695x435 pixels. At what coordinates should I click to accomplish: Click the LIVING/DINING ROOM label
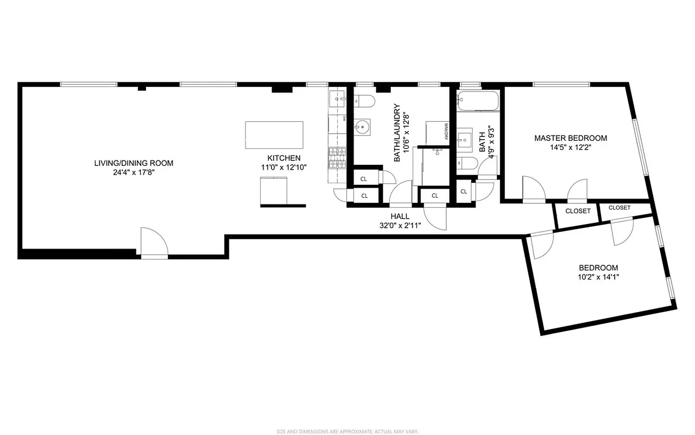click(x=134, y=163)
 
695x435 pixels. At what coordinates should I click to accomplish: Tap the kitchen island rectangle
click(x=274, y=135)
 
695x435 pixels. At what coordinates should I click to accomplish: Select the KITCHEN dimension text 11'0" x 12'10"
click(x=284, y=167)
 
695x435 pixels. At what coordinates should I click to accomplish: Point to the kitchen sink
click(x=337, y=100)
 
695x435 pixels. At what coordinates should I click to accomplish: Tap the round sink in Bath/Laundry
click(x=362, y=128)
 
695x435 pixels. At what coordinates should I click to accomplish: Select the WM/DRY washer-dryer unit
click(x=437, y=132)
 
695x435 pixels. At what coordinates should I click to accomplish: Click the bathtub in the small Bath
click(x=478, y=101)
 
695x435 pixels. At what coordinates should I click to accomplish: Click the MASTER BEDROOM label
click(x=571, y=138)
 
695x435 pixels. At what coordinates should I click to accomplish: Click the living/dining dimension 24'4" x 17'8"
click(x=134, y=172)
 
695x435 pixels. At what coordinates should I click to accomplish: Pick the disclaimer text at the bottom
click(x=347, y=431)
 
